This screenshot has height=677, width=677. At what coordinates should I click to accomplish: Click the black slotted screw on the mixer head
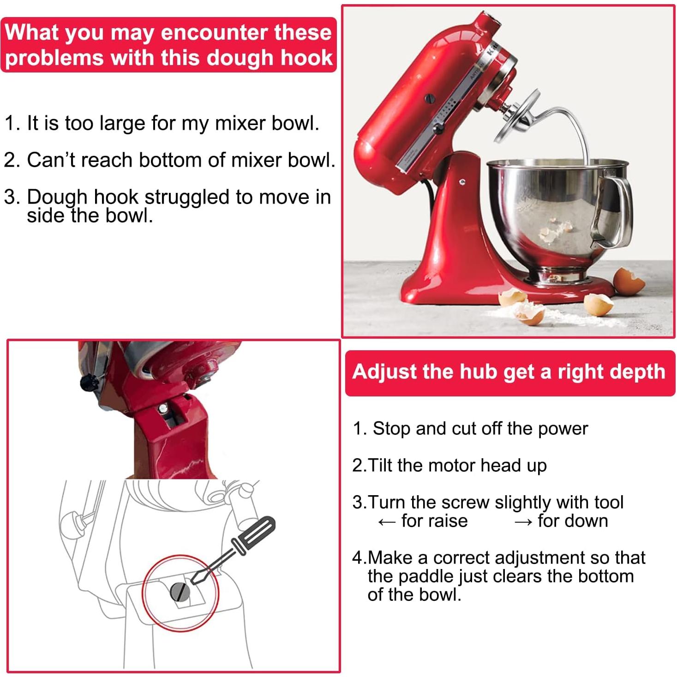[x=429, y=98]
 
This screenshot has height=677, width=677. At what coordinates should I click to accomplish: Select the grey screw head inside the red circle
[x=180, y=591]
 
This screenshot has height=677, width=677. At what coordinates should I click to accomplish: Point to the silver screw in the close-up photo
[x=162, y=408]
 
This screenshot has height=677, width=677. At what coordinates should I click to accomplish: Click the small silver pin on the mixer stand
[x=462, y=182]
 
